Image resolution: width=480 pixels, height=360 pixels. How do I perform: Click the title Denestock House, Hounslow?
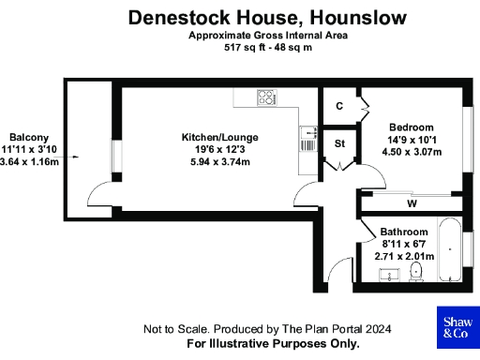click(x=267, y=17)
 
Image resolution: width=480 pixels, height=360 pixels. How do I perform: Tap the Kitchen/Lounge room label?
click(x=219, y=138)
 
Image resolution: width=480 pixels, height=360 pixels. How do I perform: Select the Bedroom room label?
click(x=411, y=127)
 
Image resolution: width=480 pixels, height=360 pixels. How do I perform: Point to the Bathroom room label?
click(x=404, y=232)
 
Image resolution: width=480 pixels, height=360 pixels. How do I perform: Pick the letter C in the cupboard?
click(x=338, y=106)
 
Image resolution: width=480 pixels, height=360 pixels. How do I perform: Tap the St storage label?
click(x=340, y=143)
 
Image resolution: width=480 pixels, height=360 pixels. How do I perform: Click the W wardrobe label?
click(x=412, y=203)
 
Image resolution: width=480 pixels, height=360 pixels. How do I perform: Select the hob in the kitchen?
click(x=267, y=97)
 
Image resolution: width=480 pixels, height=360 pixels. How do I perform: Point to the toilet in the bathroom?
click(x=418, y=272)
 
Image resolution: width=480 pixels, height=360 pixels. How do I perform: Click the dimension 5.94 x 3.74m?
click(x=219, y=161)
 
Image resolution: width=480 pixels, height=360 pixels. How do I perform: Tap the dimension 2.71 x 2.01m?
click(x=404, y=255)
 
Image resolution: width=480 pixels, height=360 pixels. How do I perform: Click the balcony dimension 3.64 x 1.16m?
click(x=30, y=161)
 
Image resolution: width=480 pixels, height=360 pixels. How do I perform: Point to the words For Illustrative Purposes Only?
click(x=273, y=344)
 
